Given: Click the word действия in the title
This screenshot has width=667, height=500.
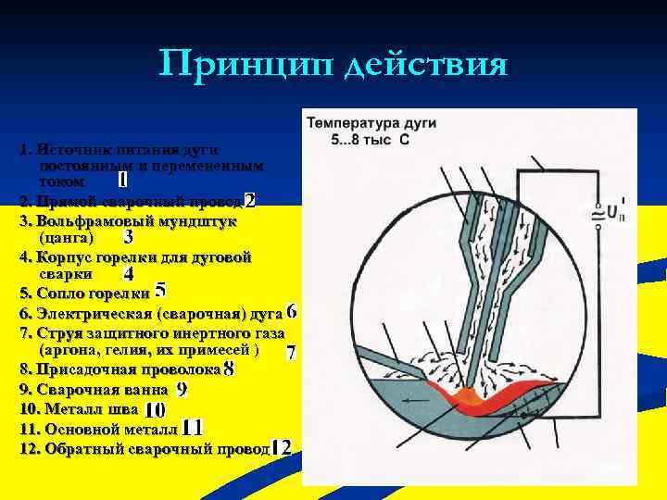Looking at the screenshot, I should click(x=428, y=66).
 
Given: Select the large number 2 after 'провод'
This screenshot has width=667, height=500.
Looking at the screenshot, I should click(x=250, y=201).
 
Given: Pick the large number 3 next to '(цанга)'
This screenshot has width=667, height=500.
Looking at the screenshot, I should click(x=128, y=238).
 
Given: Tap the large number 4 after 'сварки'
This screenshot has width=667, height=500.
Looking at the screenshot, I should click(x=128, y=275).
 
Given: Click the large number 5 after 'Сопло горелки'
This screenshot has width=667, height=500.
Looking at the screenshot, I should click(x=160, y=292).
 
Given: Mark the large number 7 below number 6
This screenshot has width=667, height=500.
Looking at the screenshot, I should click(x=291, y=353).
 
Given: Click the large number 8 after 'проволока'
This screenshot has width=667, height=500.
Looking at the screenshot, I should click(x=229, y=369).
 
